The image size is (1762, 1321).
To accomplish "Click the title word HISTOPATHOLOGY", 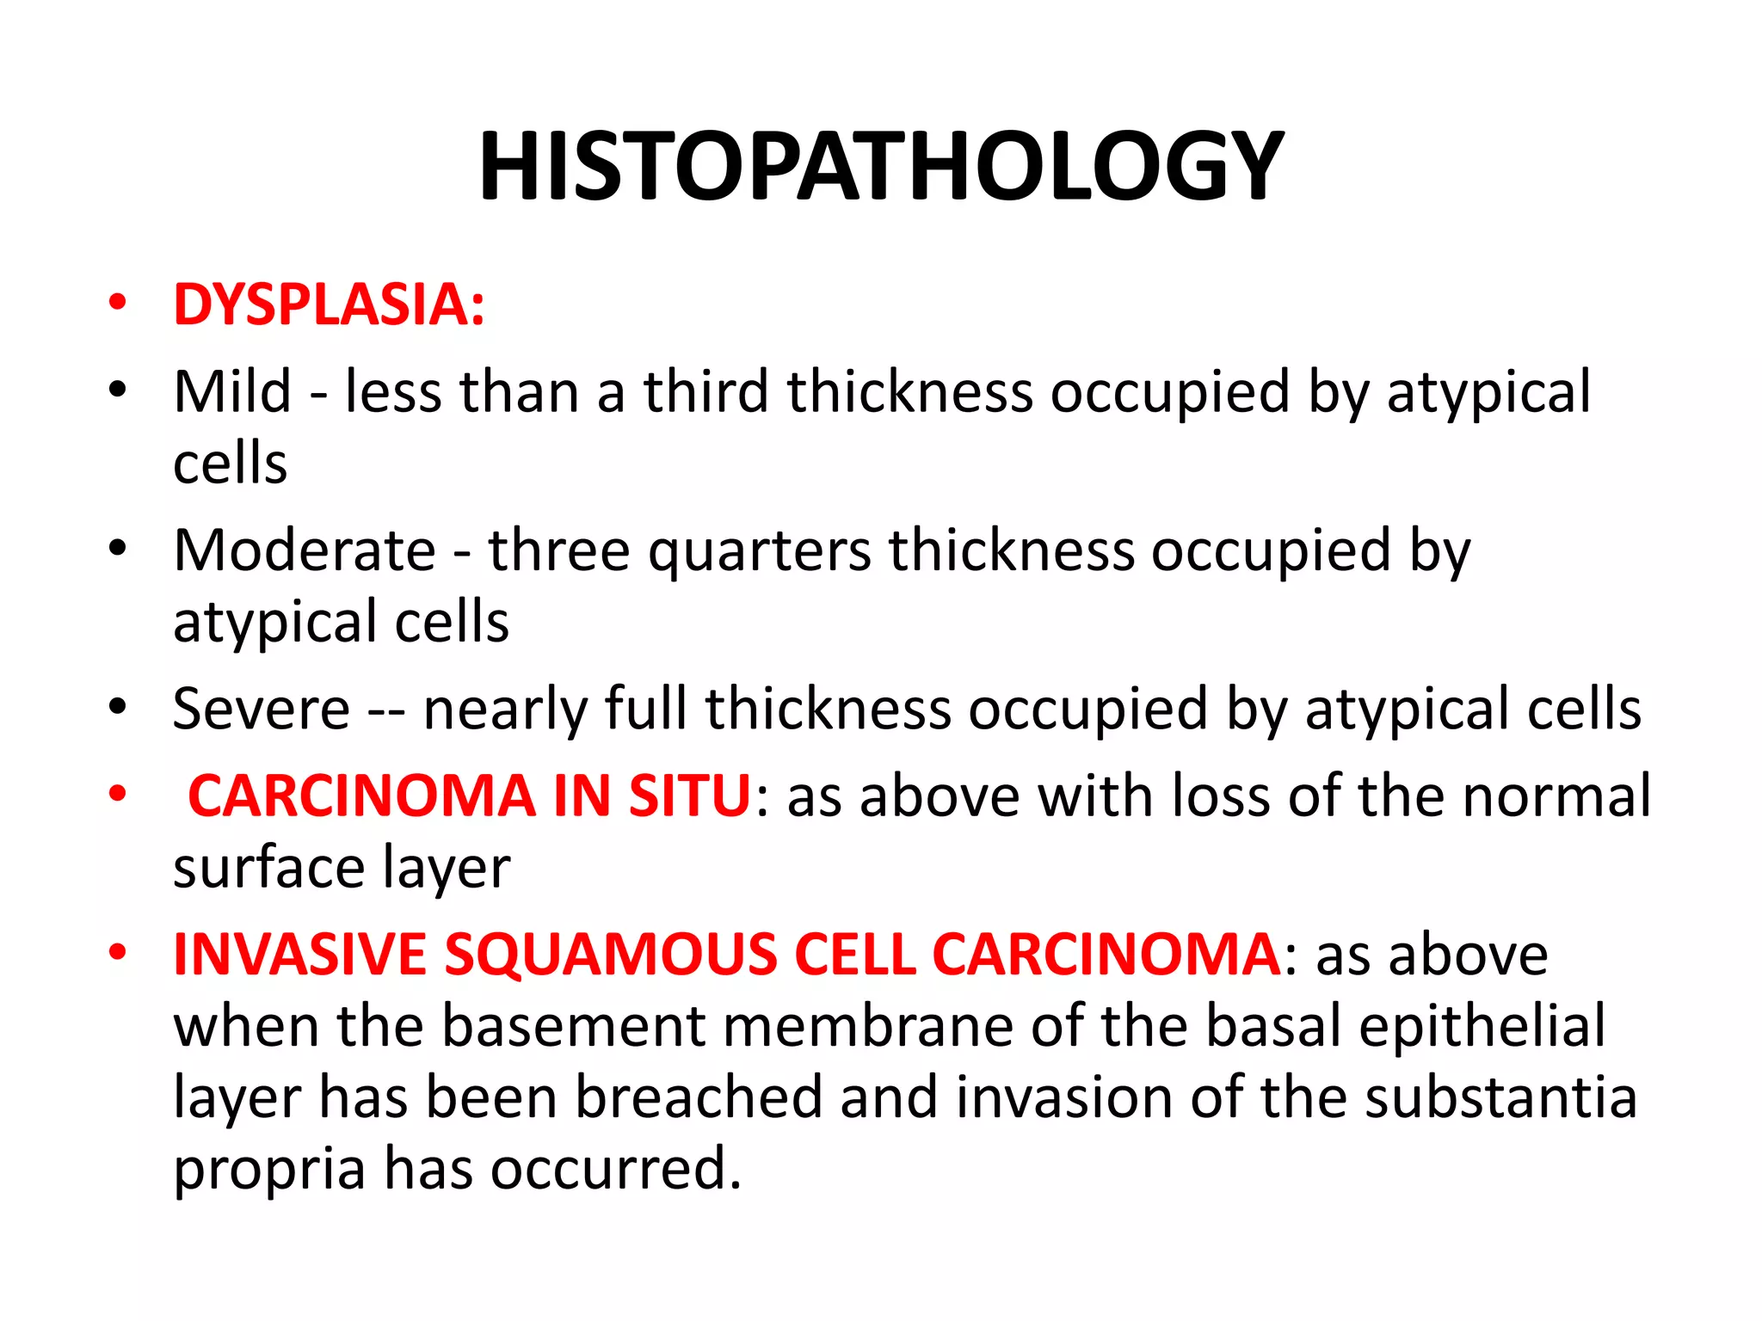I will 881,166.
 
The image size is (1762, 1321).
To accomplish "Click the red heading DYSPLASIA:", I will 329,305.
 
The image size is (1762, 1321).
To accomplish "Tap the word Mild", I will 232,392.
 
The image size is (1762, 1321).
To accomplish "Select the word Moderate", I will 305,550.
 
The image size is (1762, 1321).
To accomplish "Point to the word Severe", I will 261,710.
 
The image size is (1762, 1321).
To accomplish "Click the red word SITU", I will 690,796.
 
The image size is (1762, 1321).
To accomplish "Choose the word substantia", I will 1500,1098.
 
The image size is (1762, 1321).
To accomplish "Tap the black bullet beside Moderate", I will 118,548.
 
